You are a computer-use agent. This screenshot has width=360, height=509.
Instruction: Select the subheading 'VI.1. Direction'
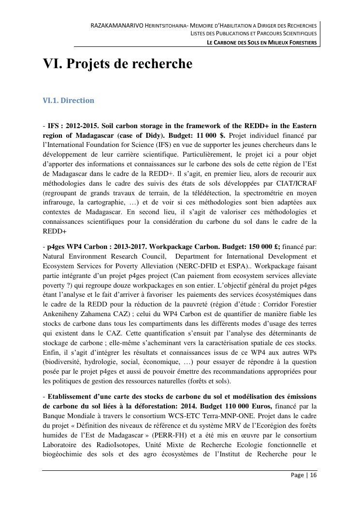pyautogui.click(x=68, y=101)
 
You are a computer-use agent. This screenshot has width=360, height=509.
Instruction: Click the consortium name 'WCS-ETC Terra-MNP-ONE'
pyautogui.click(x=181, y=415)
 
